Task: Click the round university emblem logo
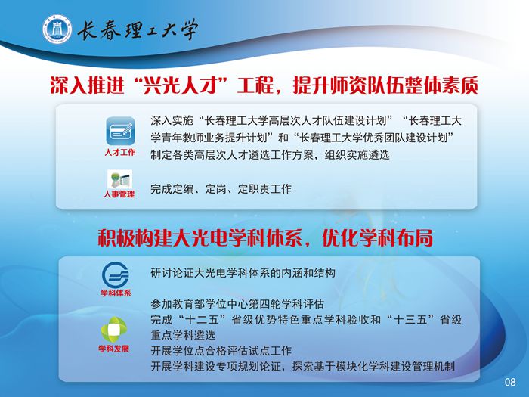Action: [57, 29]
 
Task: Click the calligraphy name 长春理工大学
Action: [138, 29]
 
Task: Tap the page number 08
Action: [510, 382]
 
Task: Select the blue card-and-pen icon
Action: [120, 131]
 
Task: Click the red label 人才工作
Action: [120, 152]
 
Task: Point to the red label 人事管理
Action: [119, 194]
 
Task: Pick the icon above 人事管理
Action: [119, 178]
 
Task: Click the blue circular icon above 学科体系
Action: [116, 274]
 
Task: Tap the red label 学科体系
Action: [116, 293]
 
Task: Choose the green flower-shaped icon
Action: [114, 330]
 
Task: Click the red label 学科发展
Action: [113, 349]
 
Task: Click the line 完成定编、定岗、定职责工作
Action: [221, 189]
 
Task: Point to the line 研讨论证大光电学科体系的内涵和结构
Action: [243, 273]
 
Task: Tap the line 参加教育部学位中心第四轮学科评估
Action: [237, 304]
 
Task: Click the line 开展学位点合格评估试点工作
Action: [221, 350]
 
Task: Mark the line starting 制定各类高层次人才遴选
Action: [270, 155]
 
